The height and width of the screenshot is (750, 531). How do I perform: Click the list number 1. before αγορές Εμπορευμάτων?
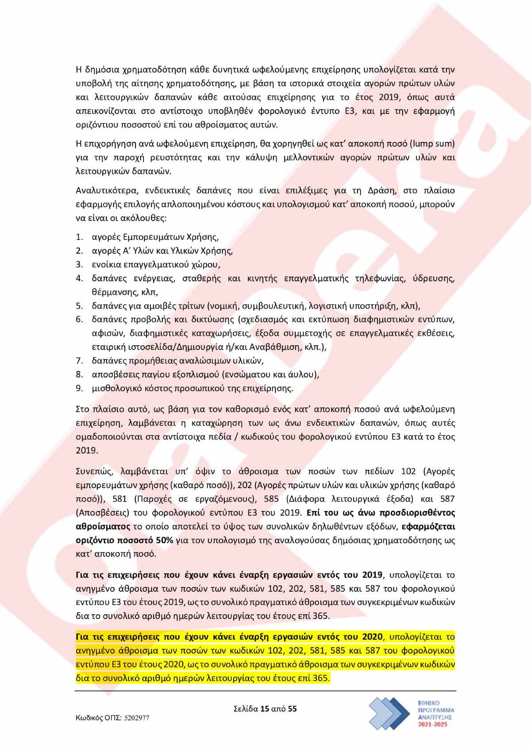(79, 237)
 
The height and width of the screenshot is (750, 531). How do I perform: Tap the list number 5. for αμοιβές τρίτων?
(79, 306)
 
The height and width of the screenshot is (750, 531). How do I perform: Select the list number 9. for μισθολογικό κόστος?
(79, 388)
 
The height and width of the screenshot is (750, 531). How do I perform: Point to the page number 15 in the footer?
(265, 709)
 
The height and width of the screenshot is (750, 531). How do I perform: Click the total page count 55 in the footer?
(292, 709)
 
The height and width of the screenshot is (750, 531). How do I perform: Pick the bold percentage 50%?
(165, 540)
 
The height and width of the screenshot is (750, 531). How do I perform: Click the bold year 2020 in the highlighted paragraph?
(372, 637)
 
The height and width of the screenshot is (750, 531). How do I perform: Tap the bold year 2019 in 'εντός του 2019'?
(372, 575)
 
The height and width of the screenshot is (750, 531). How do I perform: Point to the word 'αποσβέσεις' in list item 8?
(113, 374)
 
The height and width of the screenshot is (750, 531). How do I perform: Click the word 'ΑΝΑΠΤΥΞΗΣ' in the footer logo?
(436, 719)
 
